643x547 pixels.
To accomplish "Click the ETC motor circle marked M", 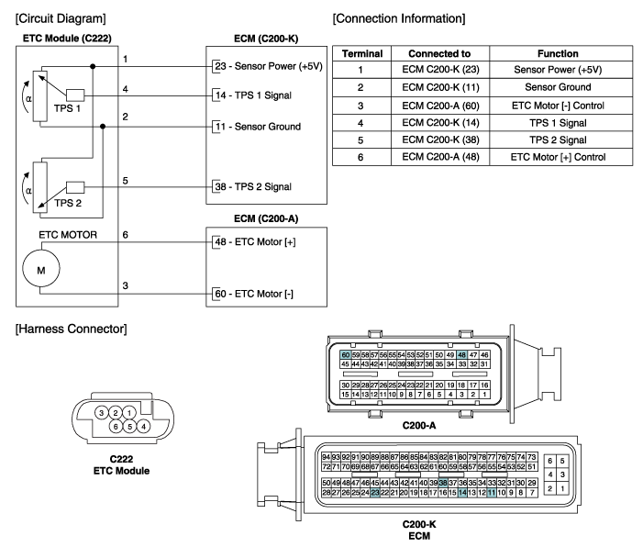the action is (41, 268).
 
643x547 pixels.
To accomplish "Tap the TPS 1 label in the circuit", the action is (67, 108).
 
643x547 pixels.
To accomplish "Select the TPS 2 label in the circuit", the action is (68, 203).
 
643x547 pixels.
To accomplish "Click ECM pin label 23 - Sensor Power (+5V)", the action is (269, 66).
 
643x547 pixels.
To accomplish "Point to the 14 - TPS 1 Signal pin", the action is (253, 95).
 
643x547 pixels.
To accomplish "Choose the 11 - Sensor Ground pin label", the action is (258, 127).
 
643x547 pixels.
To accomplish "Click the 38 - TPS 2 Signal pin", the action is (253, 186).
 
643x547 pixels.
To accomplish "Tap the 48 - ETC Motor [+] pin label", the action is (255, 241).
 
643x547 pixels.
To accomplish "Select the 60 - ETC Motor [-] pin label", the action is (254, 294).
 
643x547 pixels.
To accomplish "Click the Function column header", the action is (558, 54).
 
